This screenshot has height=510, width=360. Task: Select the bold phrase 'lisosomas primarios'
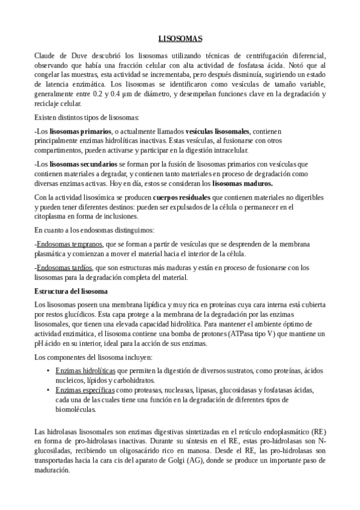tap(81, 130)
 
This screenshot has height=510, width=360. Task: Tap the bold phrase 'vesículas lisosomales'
tap(216, 130)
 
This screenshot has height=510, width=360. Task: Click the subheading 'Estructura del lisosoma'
tap(71, 292)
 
